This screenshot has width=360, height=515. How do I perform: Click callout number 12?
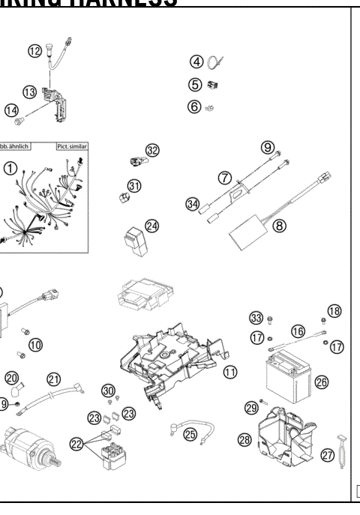(35, 51)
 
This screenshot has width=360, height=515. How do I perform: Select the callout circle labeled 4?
(196, 61)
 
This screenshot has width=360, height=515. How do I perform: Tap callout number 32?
(153, 150)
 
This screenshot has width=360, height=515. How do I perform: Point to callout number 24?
(152, 225)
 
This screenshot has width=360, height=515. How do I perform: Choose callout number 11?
(229, 371)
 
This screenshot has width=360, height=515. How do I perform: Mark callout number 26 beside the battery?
(322, 382)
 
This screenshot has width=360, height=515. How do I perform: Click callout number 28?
(244, 440)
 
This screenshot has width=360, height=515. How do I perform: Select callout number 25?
(190, 433)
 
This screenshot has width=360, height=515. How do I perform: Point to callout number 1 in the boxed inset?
(10, 169)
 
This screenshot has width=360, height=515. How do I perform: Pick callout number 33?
(256, 318)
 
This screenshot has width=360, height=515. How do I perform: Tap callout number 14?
(12, 110)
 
